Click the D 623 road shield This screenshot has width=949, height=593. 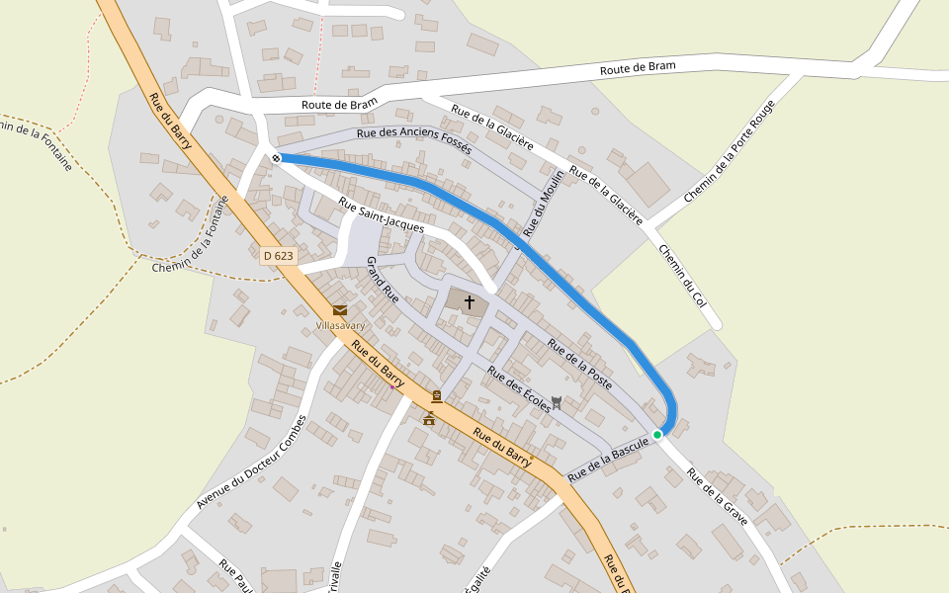pyautogui.click(x=279, y=256)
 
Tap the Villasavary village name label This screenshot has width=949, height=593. pyautogui.click(x=340, y=324)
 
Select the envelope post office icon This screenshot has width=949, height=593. pyautogui.click(x=340, y=310)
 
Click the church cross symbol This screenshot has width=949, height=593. pyautogui.click(x=469, y=300)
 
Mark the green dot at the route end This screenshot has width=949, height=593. pyautogui.click(x=657, y=434)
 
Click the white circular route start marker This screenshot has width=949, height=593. pyautogui.click(x=276, y=158)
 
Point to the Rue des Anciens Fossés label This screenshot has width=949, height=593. pyautogui.click(x=414, y=142)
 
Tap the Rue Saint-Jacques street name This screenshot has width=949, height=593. pyautogui.click(x=381, y=215)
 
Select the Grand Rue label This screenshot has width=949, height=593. pyautogui.click(x=383, y=279)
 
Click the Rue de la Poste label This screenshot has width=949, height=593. pyautogui.click(x=579, y=364)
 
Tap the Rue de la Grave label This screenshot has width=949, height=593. pyautogui.click(x=717, y=495)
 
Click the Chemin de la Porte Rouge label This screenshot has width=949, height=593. pyautogui.click(x=729, y=151)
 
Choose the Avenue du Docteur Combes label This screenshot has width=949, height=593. pyautogui.click(x=251, y=463)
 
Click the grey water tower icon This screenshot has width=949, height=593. pyautogui.click(x=557, y=401)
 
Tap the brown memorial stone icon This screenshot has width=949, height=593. pyautogui.click(x=436, y=396)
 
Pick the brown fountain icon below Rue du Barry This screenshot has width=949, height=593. pyautogui.click(x=429, y=418)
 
